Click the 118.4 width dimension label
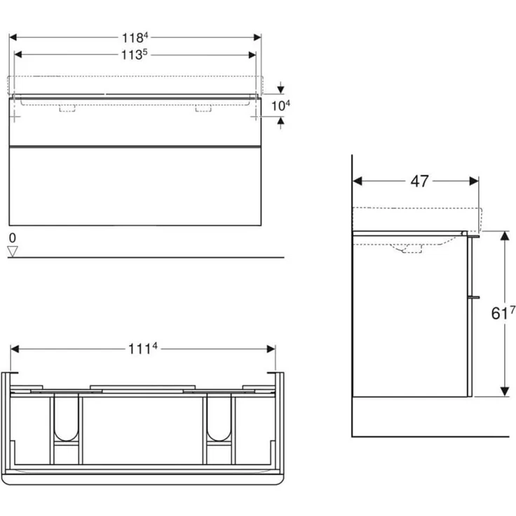pos(137,37)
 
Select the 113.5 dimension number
pos(137,55)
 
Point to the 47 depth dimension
pos(419,181)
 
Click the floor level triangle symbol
pos(11,251)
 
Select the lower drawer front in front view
pos(135,186)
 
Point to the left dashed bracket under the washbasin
pos(68,109)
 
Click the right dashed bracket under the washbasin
pos(203,109)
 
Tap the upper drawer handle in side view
pos(474,237)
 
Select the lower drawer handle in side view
pos(474,297)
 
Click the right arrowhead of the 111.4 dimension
pos(271,349)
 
